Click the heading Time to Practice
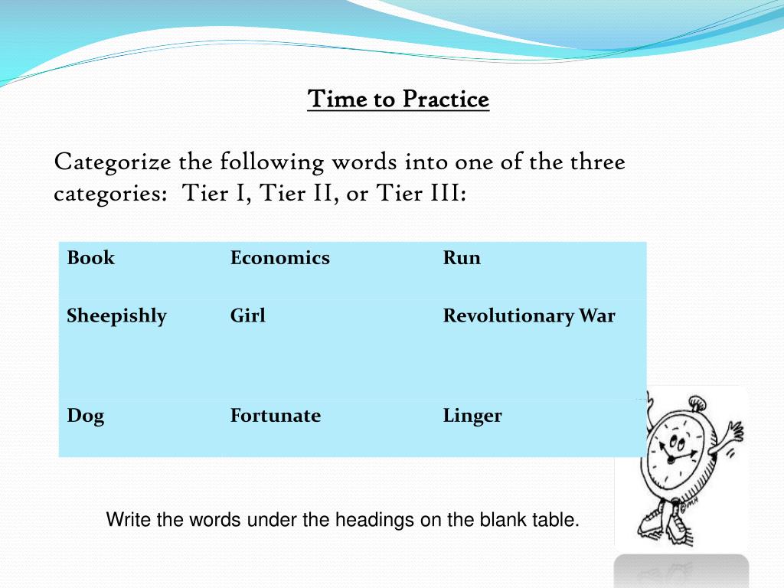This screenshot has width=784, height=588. (x=398, y=100)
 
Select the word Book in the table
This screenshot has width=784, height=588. (x=90, y=258)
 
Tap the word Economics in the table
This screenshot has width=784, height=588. (x=279, y=258)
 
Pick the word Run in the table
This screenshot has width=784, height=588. (x=462, y=258)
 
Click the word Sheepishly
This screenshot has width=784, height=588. (x=116, y=316)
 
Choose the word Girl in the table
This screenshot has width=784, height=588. (x=247, y=316)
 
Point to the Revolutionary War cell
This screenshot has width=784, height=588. (x=528, y=316)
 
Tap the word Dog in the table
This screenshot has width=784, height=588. (x=85, y=416)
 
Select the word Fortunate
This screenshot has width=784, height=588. (x=275, y=416)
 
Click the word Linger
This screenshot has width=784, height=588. (x=472, y=416)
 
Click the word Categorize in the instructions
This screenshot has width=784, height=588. (x=113, y=163)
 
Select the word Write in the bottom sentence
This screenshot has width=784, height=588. (x=129, y=521)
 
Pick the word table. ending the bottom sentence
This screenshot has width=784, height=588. (x=556, y=521)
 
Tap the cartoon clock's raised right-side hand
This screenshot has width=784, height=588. (x=733, y=429)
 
